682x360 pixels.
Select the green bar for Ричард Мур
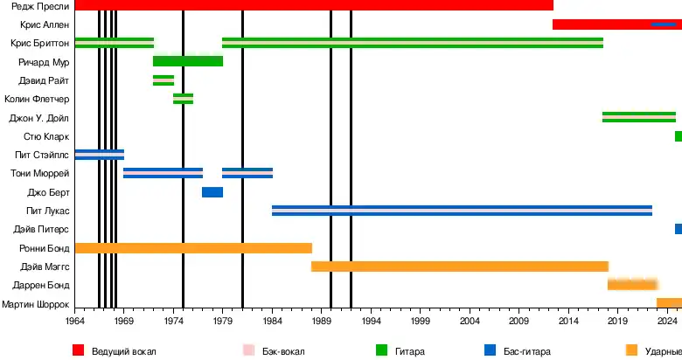click(187, 61)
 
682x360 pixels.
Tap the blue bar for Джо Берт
click(212, 192)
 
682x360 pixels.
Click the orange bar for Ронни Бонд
click(192, 248)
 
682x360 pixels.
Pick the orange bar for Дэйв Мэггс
click(459, 267)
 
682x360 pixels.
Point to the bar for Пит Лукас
click(462, 211)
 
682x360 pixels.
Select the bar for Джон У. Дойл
click(638, 117)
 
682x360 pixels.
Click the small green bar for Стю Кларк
click(678, 136)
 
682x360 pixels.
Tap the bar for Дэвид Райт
click(163, 80)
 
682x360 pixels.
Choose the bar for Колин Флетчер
click(183, 99)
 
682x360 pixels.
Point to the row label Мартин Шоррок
click(36, 304)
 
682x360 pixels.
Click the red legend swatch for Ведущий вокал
click(78, 350)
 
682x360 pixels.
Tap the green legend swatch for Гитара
click(381, 350)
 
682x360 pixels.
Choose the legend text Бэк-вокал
click(286, 351)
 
